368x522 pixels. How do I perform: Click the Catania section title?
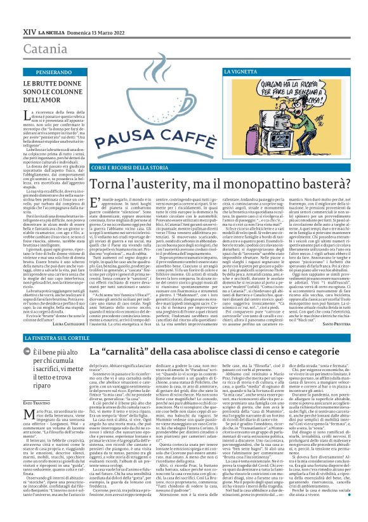tap(25, 30)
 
